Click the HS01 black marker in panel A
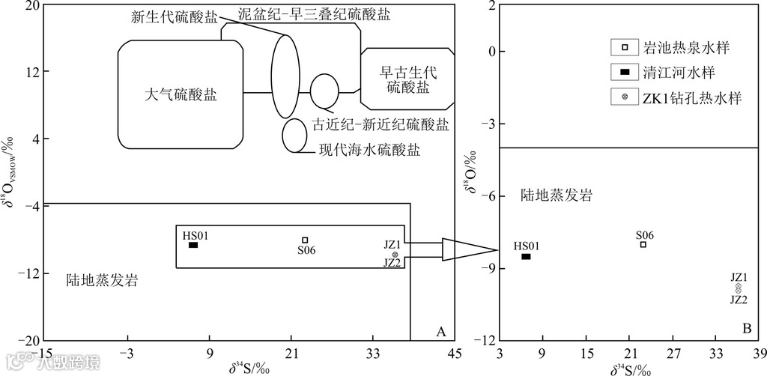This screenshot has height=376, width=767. (x=192, y=245)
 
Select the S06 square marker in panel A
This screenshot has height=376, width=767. (x=305, y=240)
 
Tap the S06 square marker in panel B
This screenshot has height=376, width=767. (x=643, y=244)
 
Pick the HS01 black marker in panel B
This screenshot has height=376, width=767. (x=526, y=256)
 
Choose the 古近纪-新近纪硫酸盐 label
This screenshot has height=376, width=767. (x=381, y=124)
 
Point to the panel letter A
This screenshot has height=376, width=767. (x=441, y=331)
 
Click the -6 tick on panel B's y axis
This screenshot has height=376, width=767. (x=487, y=196)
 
